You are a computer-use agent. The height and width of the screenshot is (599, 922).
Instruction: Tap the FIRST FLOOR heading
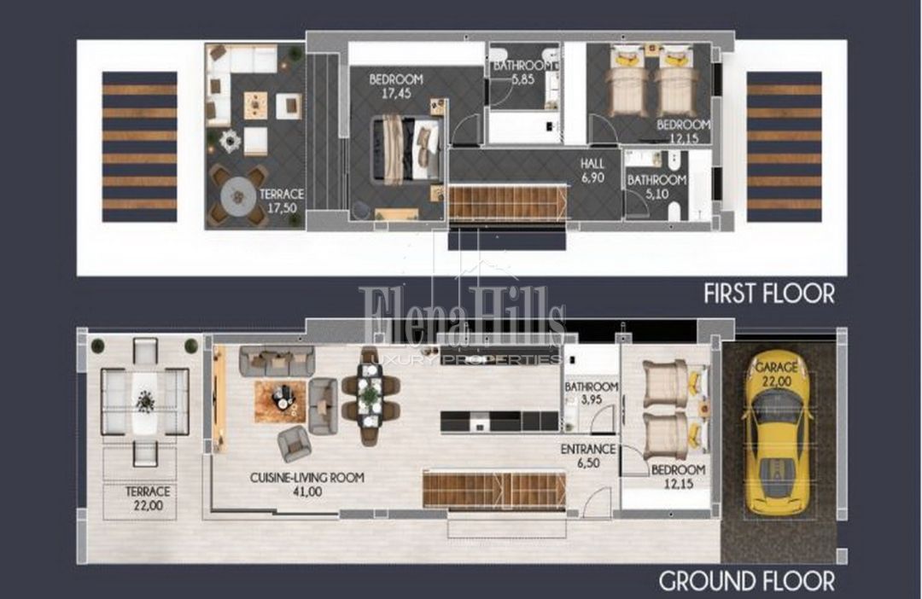(769, 294)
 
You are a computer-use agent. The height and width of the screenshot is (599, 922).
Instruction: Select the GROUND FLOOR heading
(747, 581)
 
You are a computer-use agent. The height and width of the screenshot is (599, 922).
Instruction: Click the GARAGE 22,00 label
(777, 374)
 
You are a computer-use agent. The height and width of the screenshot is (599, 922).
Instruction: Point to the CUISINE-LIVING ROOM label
(307, 478)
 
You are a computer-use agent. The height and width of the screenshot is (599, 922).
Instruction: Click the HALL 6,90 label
(592, 171)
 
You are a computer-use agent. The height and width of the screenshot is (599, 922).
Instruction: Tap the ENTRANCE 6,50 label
(588, 457)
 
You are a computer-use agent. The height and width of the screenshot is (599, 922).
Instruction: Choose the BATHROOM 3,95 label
(592, 393)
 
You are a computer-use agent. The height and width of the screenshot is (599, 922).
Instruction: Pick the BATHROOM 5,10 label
(656, 186)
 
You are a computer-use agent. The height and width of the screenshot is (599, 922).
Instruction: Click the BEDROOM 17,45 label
(396, 86)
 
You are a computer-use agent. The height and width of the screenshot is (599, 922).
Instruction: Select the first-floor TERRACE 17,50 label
(282, 201)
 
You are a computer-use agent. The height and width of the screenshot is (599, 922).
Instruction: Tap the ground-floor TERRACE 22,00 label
(148, 498)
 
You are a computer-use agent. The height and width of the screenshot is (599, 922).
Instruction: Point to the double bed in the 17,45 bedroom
(407, 148)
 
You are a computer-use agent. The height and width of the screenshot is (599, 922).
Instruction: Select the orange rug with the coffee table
(281, 402)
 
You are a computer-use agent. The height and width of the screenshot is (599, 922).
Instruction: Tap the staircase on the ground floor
(494, 488)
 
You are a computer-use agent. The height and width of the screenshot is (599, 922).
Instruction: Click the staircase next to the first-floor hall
(509, 203)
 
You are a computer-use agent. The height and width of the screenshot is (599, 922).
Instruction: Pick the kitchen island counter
(499, 421)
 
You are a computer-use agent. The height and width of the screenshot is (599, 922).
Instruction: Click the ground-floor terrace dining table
(144, 402)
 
